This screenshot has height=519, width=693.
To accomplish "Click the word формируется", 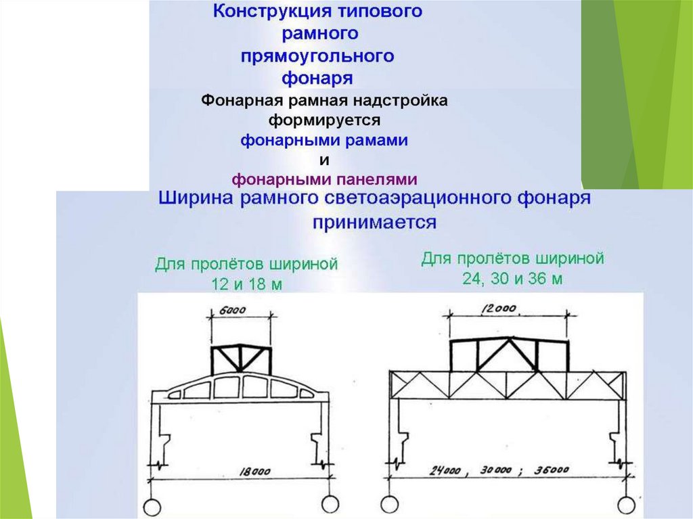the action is point(325,121).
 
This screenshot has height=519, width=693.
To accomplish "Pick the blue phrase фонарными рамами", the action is point(324,141).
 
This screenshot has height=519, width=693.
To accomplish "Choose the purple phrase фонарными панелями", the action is point(324,179).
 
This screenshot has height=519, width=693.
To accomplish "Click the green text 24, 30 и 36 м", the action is point(512,278).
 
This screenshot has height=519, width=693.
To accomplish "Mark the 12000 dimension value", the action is point(499,309).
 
